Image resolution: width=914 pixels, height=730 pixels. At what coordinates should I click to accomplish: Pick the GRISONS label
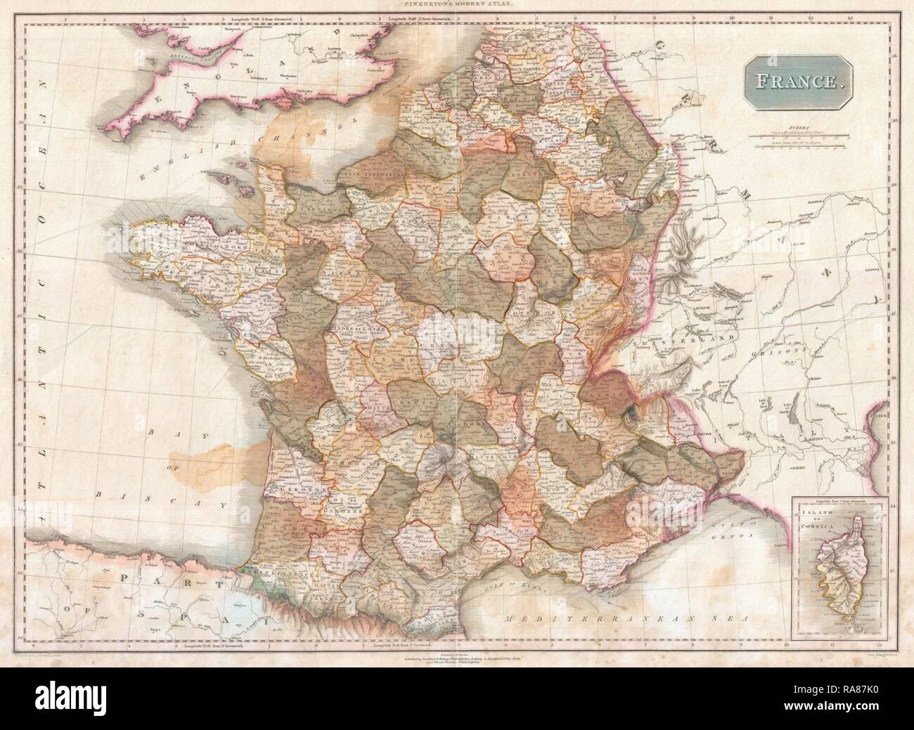coord(786,351)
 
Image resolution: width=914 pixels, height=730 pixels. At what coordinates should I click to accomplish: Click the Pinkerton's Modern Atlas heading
coord(458,5)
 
